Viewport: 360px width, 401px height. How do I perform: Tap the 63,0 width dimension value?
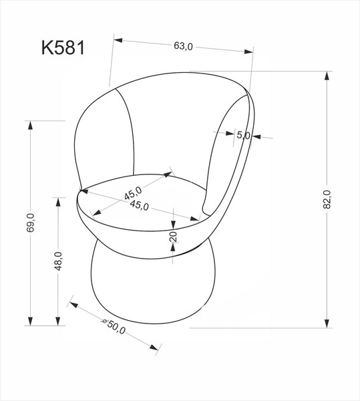coord(183,46)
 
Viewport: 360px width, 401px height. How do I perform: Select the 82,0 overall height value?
coord(327,199)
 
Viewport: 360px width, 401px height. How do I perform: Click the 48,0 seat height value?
coord(59,261)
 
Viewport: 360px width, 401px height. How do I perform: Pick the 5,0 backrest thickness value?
coord(243,136)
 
